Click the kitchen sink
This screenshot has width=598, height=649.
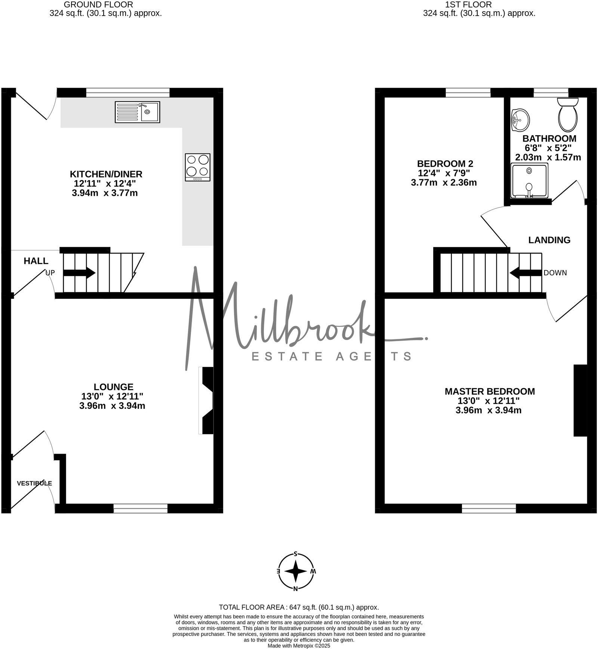138,112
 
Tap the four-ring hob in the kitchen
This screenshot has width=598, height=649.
197,167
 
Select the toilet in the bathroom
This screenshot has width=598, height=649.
568,114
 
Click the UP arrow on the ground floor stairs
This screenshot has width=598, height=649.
79,273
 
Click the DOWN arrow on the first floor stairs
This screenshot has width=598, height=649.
525,273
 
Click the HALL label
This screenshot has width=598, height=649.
36,261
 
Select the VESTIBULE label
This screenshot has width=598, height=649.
34,483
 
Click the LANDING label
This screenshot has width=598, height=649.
549,240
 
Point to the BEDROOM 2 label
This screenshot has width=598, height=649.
445,164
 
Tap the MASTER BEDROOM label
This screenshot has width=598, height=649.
490,391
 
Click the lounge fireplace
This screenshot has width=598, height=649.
207,401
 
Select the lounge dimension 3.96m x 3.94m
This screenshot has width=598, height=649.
112,406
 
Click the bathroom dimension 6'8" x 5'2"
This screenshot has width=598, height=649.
548,148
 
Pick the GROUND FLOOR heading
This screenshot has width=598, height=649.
98,4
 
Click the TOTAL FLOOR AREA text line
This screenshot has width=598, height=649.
299,607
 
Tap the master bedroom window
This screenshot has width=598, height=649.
488,508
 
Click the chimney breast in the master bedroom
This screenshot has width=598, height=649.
580,400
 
